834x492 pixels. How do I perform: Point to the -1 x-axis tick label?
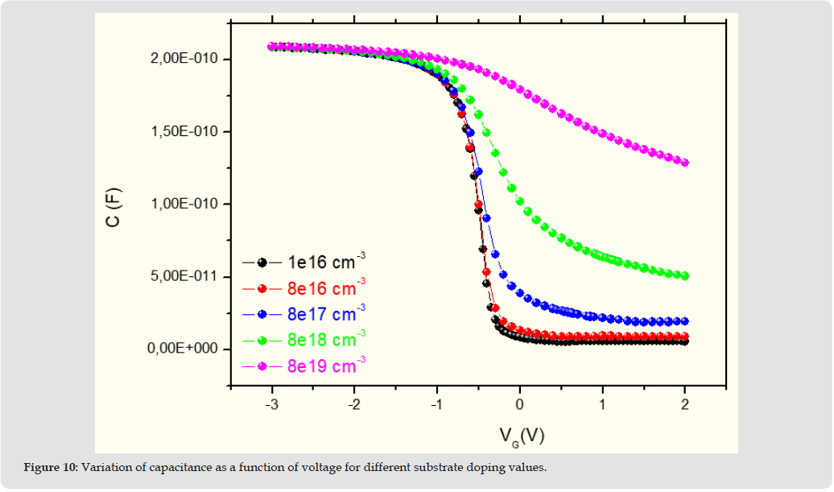click(x=436, y=403)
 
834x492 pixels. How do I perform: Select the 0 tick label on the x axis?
click(x=520, y=403)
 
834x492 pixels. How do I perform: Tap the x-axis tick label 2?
click(x=685, y=403)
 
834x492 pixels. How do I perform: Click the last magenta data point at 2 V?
click(x=685, y=163)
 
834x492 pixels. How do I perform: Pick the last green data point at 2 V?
click(x=685, y=276)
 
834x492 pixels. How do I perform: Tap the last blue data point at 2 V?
click(x=685, y=321)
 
